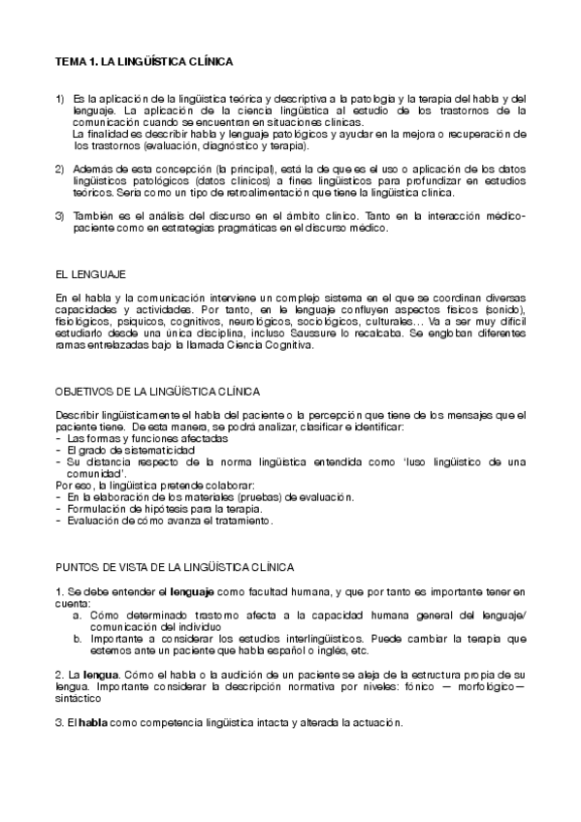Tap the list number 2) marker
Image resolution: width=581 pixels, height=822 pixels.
pos(59,170)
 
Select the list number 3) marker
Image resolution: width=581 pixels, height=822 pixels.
pos(59,216)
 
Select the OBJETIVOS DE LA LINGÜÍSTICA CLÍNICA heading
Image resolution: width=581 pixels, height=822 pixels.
pos(157,392)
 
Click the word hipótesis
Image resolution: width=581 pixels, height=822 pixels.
pos(186,509)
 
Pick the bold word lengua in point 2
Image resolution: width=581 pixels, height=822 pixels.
pos(85,673)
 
